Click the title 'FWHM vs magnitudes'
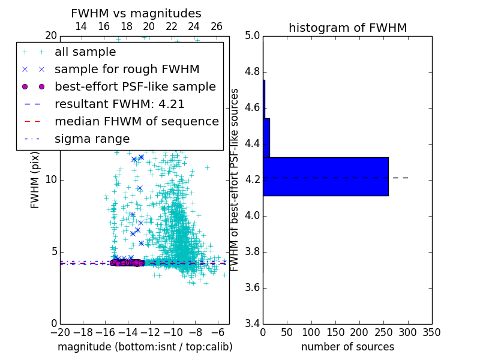point(136,14)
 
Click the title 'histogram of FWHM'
point(347,28)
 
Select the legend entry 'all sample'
point(85,52)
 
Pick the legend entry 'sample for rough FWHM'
point(127,69)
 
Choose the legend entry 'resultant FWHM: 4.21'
point(119,104)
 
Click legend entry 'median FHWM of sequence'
point(136,121)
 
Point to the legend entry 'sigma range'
point(92,139)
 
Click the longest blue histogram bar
point(325,176)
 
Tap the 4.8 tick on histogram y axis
point(252,72)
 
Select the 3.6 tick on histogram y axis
point(252,288)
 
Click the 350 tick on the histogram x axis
point(432,332)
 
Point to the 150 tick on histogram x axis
point(335,332)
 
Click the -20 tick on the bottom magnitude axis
point(60,332)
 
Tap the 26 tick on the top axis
point(217,26)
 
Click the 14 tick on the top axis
point(81,26)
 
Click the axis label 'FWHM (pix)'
point(35,178)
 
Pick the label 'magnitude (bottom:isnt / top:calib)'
point(145,347)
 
